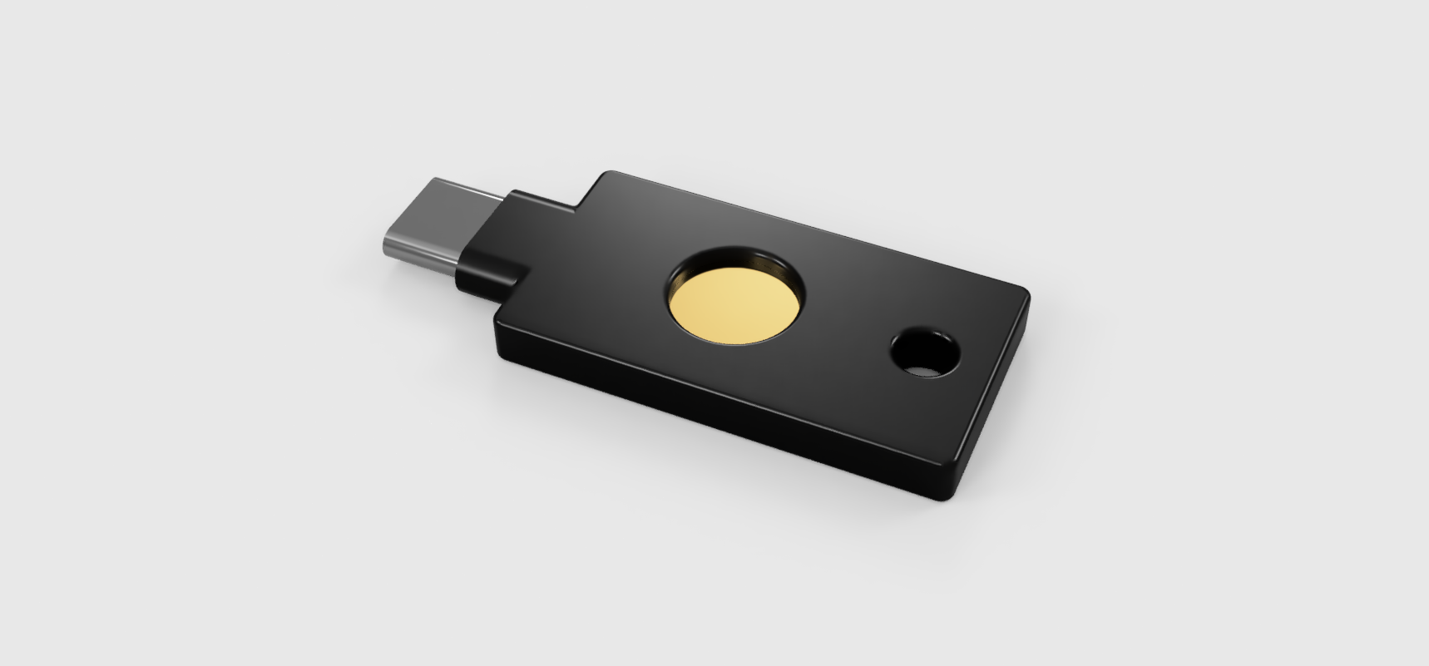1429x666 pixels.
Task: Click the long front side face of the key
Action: (x=707, y=407)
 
